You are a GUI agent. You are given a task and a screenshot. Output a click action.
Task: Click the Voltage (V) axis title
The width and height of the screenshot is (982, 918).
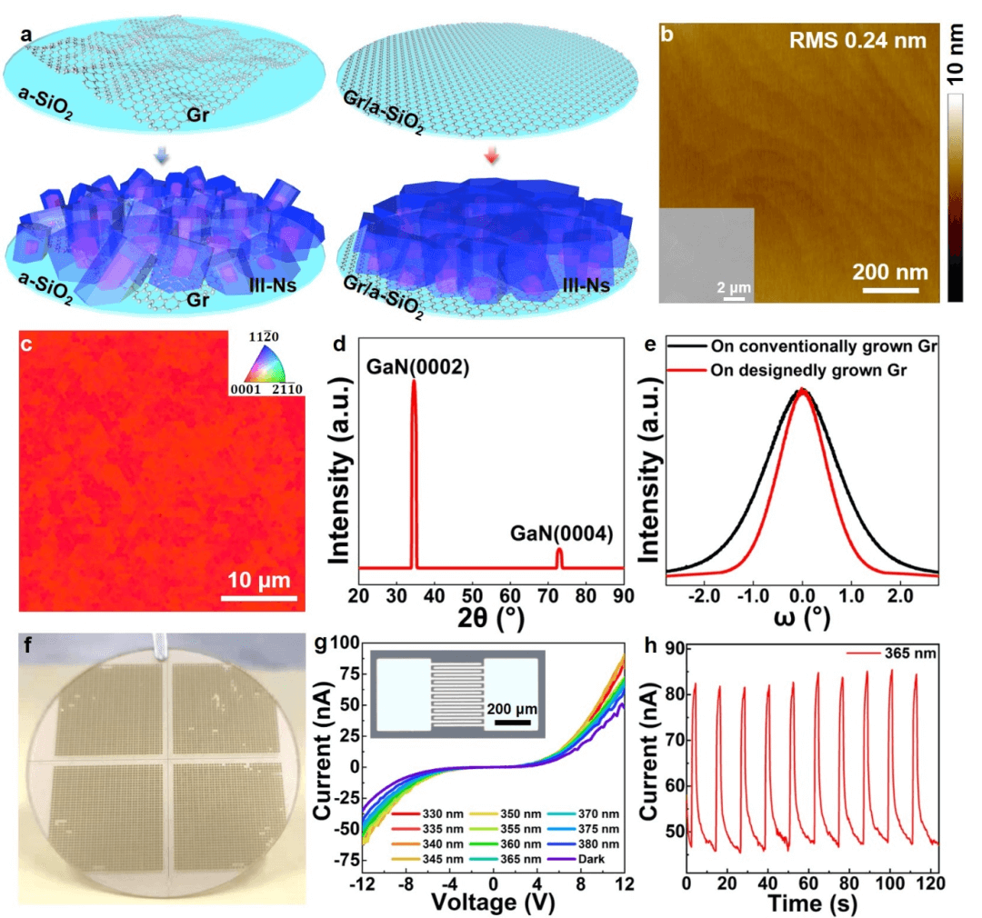(x=494, y=903)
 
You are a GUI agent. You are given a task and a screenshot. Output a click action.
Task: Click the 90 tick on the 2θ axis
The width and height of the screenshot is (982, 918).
(x=622, y=595)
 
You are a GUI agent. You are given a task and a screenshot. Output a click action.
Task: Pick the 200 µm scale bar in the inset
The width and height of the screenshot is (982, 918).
(x=513, y=723)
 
